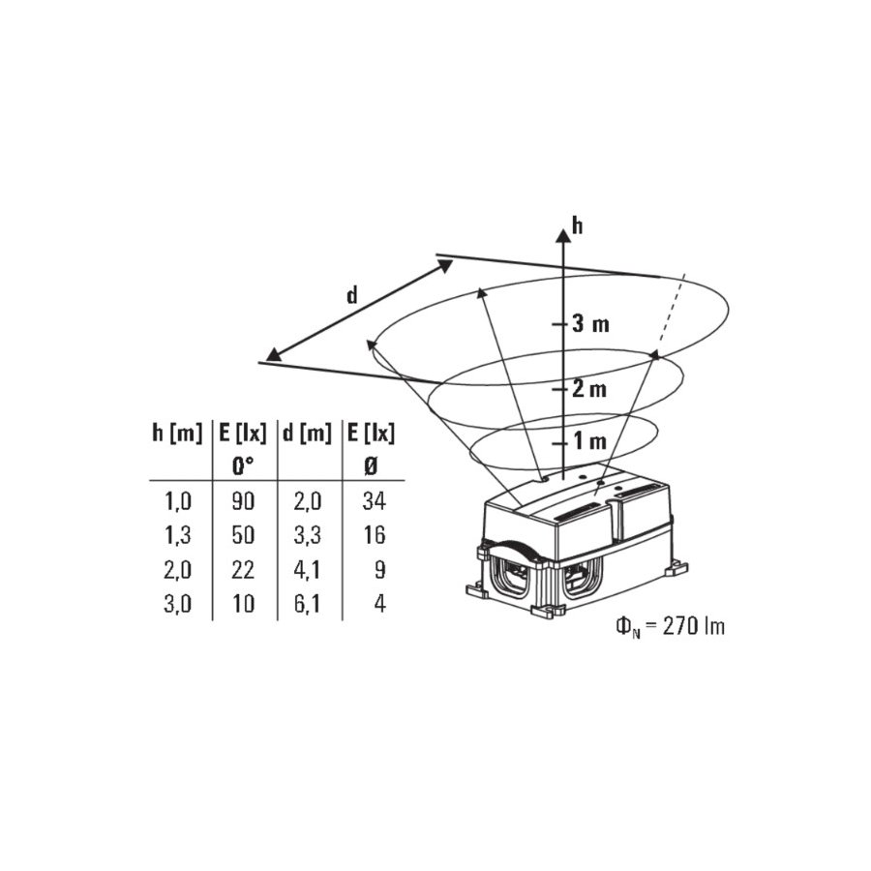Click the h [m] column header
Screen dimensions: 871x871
177,434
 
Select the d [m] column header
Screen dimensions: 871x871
307,434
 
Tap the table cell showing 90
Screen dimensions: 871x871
243,501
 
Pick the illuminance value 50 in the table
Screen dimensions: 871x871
243,535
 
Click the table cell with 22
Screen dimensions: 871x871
243,570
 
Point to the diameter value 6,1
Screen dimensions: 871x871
307,604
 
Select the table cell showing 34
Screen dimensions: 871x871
374,501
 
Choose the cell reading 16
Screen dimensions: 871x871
375,535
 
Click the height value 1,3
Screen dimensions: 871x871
178,536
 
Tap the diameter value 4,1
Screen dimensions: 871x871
307,570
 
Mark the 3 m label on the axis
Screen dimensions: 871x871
590,323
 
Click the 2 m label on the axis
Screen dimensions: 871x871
589,389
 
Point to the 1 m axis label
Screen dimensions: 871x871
590,441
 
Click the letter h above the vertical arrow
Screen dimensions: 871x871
578,226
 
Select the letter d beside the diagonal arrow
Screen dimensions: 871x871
352,295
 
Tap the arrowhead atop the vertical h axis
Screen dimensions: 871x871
563,235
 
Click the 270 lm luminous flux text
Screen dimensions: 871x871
694,627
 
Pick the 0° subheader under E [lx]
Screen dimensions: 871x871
243,466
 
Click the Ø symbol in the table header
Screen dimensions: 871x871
371,466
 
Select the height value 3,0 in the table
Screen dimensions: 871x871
178,604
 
